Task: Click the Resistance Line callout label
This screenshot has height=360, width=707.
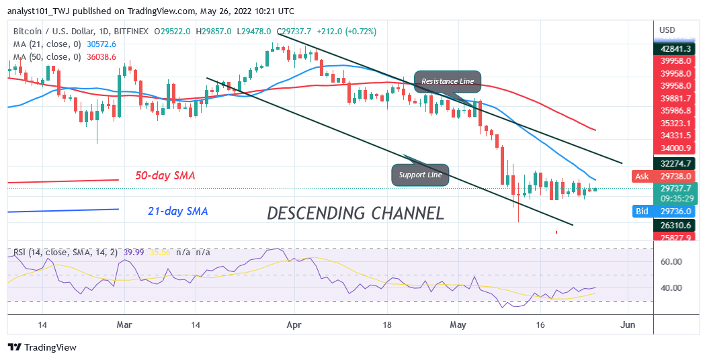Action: pos(448,81)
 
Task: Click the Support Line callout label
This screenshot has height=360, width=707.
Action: pos(420,175)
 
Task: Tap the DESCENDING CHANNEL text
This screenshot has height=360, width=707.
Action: pos(356,213)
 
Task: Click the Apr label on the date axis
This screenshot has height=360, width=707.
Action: pos(293,323)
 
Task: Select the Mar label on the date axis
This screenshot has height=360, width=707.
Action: pos(124,323)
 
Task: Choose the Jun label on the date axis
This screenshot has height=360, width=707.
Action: pos(627,323)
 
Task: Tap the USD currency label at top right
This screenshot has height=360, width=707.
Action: pos(667,30)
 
